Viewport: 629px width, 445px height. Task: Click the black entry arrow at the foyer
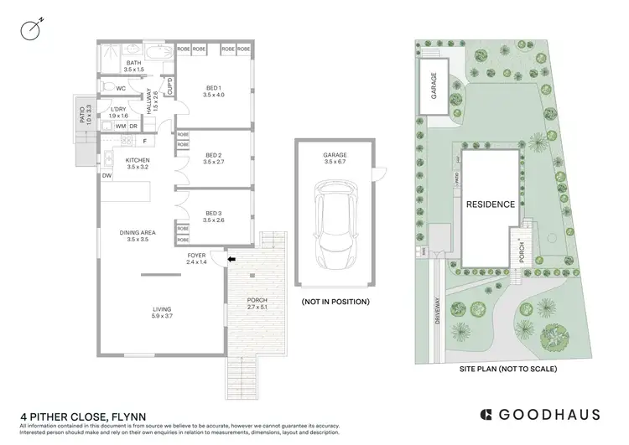[231, 260]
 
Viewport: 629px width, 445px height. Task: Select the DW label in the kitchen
[107, 176]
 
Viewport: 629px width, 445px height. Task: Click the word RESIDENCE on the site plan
[490, 204]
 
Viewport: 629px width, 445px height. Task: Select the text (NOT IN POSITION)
[334, 301]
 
